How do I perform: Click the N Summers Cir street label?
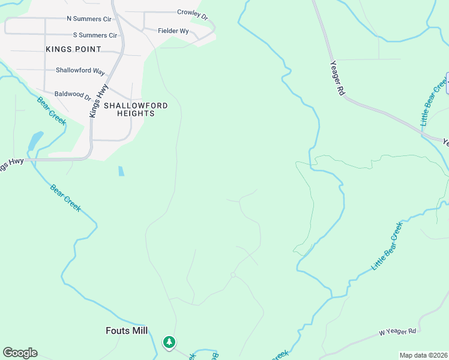click(85, 19)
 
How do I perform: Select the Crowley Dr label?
click(192, 13)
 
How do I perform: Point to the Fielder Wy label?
click(173, 31)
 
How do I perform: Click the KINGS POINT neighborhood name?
click(73, 49)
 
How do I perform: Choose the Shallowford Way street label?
click(80, 70)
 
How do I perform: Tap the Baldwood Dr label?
click(72, 94)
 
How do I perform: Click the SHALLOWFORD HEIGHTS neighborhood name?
click(136, 109)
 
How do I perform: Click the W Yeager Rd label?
click(397, 332)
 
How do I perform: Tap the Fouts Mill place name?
click(127, 331)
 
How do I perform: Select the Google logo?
click(20, 353)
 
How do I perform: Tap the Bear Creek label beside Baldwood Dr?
click(52, 110)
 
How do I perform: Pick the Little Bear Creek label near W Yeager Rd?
click(387, 246)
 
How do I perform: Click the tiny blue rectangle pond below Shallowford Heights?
click(121, 171)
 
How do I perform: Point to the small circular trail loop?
click(233, 275)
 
